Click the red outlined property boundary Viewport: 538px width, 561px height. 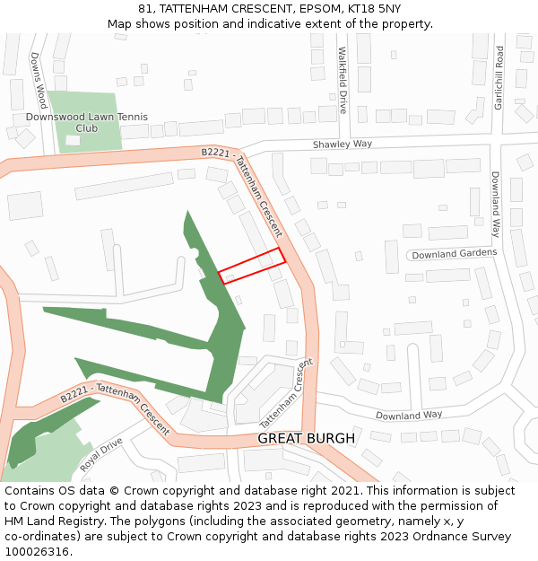point(252,266)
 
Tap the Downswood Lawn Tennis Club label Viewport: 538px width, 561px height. point(86,122)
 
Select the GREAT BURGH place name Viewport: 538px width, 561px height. point(307,438)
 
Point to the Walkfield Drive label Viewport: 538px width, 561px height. point(343,81)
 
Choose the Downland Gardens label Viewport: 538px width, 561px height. point(454,254)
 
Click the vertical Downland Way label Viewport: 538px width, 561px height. point(494,204)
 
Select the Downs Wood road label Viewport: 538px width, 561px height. point(38,80)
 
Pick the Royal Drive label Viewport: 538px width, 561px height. point(100,455)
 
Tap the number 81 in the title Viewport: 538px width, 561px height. point(144,8)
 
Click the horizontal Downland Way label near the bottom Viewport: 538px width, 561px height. point(409,416)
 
